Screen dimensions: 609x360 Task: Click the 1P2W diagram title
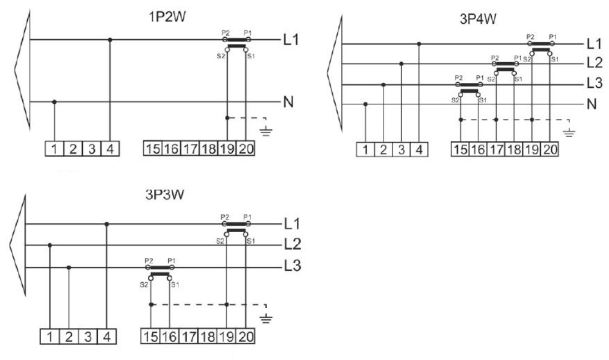[167, 17]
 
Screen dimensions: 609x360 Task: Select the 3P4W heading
[478, 19]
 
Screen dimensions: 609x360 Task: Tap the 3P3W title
[164, 194]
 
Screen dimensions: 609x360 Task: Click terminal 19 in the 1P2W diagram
[227, 148]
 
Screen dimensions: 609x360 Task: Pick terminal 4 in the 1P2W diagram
[110, 149]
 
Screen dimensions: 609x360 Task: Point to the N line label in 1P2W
[288, 102]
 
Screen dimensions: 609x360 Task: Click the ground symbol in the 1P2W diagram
[266, 131]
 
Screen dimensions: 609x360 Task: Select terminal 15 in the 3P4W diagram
[460, 149]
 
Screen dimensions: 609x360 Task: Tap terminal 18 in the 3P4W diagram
[514, 149]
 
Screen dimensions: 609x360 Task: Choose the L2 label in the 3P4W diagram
[594, 63]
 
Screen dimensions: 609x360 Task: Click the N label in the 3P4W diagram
[592, 104]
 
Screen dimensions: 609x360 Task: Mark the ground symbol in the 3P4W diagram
[569, 133]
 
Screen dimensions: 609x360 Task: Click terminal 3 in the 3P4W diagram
[401, 149]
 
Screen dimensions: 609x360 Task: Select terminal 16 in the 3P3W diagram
[169, 336]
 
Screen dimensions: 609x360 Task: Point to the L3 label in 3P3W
[292, 266]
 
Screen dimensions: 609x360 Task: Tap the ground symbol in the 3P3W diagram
[266, 318]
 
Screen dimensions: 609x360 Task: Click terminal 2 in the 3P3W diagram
[69, 337]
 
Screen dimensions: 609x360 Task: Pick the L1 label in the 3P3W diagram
[292, 224]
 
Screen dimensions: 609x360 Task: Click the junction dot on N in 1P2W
[54, 102]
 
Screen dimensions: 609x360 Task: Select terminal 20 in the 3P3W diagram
[246, 336]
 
